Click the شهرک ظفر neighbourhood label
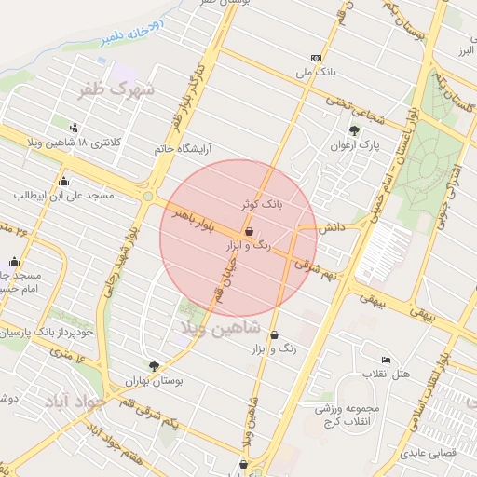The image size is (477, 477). pos(118,90)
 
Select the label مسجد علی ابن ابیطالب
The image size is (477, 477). pos(63,197)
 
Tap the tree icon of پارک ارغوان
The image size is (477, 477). pos(353,131)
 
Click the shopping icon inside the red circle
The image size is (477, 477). pos(249,230)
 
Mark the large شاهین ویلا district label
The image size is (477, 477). pos(213,328)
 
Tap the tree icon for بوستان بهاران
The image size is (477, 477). pos(153,367)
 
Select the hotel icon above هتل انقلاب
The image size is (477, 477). pos(387,360)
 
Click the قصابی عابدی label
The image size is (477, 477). pos(424,455)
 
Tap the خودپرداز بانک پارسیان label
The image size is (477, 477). pos(48,332)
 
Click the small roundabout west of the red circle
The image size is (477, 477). pos(148,196)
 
